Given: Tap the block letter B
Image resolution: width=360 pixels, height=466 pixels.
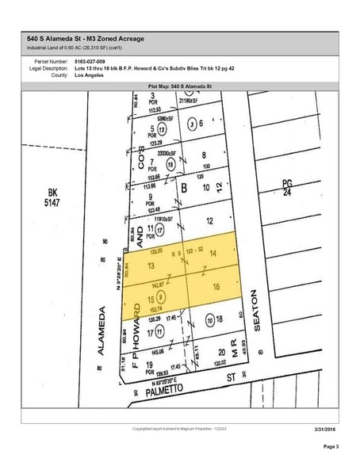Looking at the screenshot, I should coord(185,188).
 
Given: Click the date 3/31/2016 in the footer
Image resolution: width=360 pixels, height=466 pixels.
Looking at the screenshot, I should coord(324,430).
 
